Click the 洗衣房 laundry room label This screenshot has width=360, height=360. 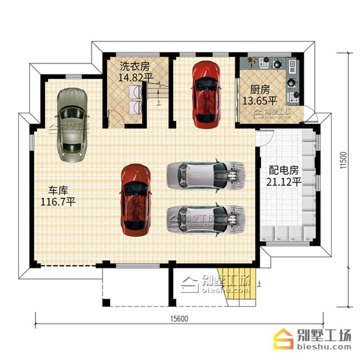click(x=135, y=66)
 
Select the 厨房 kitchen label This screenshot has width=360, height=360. click(x=260, y=90)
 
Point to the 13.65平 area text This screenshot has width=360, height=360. click(x=260, y=101)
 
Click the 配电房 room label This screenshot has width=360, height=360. click(x=284, y=171)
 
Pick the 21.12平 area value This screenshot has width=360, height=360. click(x=284, y=182)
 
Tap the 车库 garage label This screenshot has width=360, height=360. click(x=58, y=191)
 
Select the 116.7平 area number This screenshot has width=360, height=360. click(x=58, y=202)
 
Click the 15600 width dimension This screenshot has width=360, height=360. click(x=179, y=318)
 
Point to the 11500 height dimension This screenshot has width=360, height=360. click(x=343, y=160)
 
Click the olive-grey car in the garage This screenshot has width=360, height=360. click(x=72, y=125)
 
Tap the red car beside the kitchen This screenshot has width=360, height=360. click(x=206, y=94)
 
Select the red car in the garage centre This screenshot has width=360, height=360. click(x=136, y=200)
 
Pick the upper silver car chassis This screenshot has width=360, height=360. click(x=206, y=176)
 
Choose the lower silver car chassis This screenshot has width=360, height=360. click(x=206, y=220)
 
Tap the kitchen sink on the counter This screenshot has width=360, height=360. click(x=292, y=66)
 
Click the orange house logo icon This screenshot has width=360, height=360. click(x=283, y=338)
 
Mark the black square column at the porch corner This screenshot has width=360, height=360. click(x=106, y=302)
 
